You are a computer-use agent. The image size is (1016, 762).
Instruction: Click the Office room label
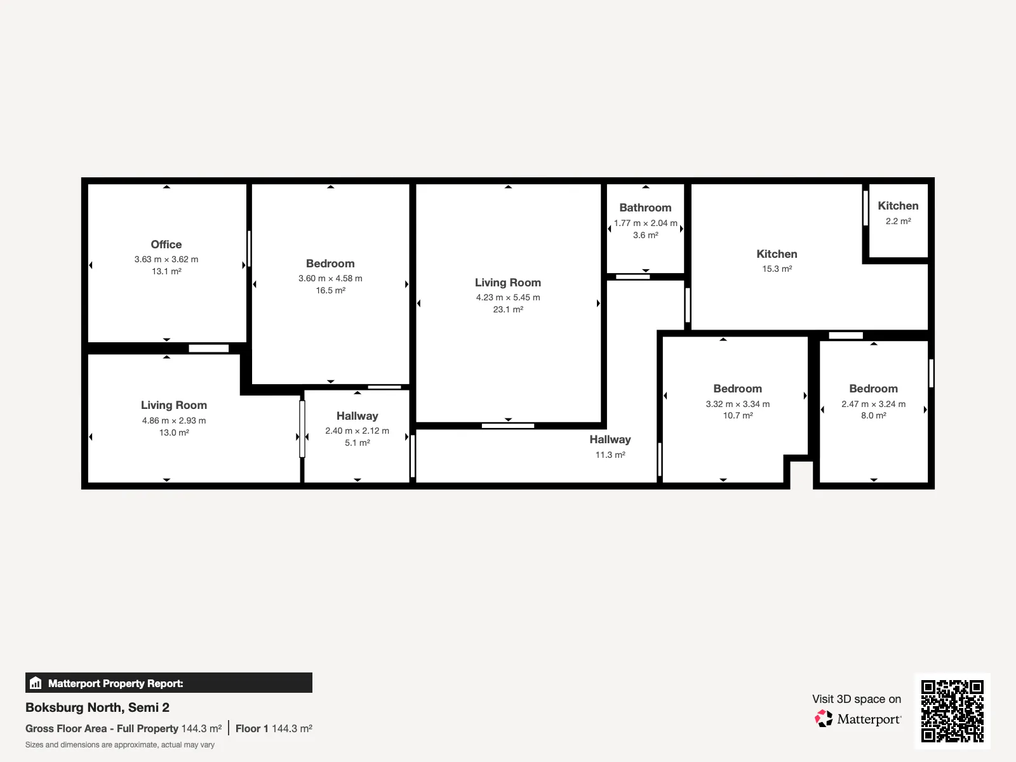[x=166, y=244]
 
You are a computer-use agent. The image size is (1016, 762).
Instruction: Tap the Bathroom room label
[x=645, y=208]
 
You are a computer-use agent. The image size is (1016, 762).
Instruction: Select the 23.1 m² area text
[x=508, y=309]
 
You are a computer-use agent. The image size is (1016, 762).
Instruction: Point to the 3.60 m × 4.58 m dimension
[x=330, y=278]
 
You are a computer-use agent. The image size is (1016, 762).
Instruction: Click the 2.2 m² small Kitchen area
[x=898, y=221]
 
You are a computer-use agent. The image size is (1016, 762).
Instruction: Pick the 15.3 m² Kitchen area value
[x=777, y=269]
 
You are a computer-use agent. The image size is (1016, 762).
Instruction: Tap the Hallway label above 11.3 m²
[x=610, y=439]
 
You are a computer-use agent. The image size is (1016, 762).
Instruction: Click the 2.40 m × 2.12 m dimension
[x=357, y=431]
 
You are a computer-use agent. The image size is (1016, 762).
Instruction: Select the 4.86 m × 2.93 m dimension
[x=173, y=420]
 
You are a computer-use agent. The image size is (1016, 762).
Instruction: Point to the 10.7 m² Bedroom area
[x=738, y=415]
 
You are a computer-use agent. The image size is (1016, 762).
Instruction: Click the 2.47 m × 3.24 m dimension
[x=873, y=404]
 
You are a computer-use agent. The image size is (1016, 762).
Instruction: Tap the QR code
[x=952, y=711]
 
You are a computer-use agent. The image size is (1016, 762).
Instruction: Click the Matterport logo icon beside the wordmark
[x=824, y=719]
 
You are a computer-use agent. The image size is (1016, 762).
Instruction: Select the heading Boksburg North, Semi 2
[x=97, y=707]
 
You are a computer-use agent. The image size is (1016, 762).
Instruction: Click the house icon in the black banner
[x=36, y=683]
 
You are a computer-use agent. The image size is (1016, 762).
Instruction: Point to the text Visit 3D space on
[x=857, y=699]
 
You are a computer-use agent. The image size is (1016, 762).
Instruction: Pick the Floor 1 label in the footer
[x=252, y=729]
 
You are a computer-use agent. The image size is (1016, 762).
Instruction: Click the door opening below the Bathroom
[x=632, y=277]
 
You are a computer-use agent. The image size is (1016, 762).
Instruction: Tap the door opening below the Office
[x=209, y=349]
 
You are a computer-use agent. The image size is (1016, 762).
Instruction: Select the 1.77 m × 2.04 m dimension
[x=645, y=223]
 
